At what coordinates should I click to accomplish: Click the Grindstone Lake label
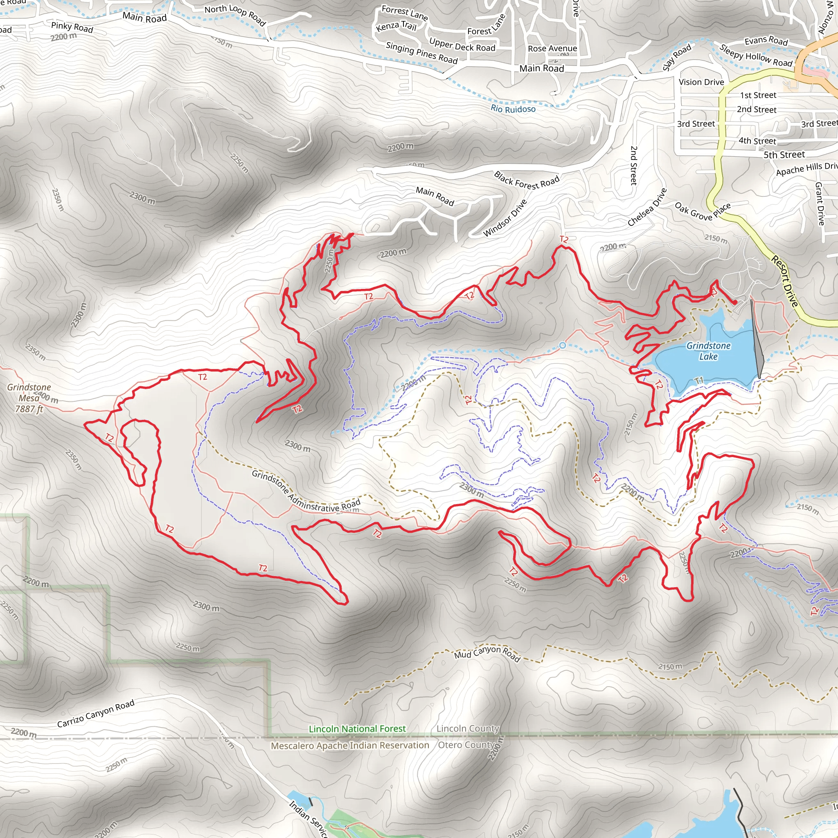(x=708, y=351)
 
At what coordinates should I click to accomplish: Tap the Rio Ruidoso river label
(x=513, y=108)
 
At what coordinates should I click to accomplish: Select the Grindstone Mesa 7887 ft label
(x=29, y=398)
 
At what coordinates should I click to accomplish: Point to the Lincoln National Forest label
(x=357, y=729)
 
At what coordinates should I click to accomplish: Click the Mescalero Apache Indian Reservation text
(x=349, y=745)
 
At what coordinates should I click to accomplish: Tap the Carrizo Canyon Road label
(x=96, y=714)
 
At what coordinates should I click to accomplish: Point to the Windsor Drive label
(x=505, y=218)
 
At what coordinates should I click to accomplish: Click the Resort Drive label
(x=784, y=281)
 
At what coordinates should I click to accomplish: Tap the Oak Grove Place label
(x=702, y=211)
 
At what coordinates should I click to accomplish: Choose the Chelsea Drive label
(x=647, y=207)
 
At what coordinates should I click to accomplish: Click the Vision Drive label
(x=701, y=82)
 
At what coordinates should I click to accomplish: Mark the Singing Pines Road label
(x=421, y=53)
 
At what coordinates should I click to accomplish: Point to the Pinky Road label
(x=72, y=27)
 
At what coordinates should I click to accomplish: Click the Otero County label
(x=465, y=745)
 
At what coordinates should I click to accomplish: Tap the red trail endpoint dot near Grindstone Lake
(x=735, y=302)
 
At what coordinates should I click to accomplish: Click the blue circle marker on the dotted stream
(x=562, y=345)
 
